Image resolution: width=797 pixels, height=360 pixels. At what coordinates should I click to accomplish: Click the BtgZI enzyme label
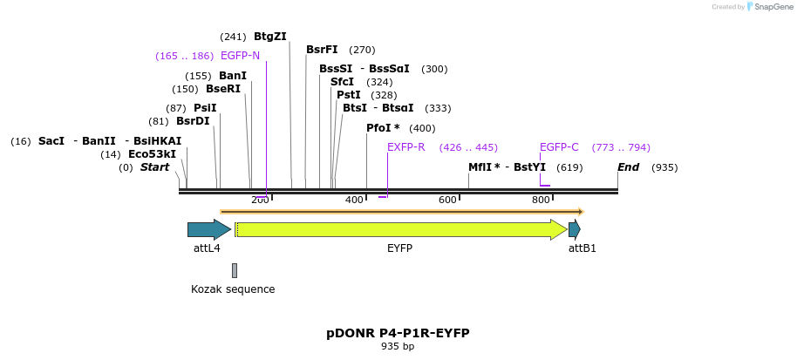(x=269, y=37)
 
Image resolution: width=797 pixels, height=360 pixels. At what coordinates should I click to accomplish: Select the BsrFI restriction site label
(x=322, y=50)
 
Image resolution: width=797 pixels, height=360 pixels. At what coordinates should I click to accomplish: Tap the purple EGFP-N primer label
(x=240, y=56)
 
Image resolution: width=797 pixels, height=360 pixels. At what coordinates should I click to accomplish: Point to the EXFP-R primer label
(x=405, y=147)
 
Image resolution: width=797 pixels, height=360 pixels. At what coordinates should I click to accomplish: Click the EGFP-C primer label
(x=559, y=147)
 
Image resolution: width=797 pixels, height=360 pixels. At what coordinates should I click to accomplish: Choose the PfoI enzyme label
(x=383, y=128)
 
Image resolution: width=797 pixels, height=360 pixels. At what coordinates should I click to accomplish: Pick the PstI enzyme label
(x=348, y=95)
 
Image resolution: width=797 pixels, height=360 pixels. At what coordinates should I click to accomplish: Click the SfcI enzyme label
(x=342, y=82)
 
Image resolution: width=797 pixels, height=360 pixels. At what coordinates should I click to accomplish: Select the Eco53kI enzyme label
(x=152, y=154)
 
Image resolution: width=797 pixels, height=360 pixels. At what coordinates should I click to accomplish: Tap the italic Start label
(x=155, y=167)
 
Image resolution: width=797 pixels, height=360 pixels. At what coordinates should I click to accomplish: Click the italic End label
(x=628, y=167)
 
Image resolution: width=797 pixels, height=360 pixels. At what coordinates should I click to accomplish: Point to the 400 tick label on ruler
(x=354, y=200)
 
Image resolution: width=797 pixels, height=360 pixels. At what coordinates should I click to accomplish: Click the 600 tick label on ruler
(x=447, y=200)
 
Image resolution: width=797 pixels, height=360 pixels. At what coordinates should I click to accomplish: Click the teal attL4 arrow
(x=208, y=229)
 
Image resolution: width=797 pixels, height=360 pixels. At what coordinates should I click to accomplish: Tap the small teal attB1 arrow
(x=574, y=229)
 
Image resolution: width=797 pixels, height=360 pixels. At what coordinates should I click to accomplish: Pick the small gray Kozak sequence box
(x=235, y=270)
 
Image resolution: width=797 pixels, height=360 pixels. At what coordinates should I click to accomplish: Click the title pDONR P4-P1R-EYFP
(x=398, y=333)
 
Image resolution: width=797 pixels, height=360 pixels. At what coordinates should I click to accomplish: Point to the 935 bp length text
(x=398, y=347)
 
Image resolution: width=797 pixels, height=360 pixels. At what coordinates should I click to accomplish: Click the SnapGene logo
(x=770, y=7)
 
